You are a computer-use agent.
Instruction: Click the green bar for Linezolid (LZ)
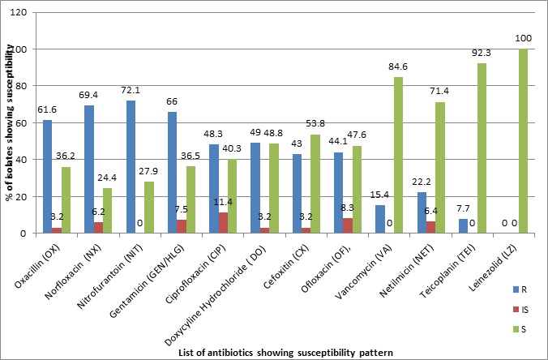point(524,141)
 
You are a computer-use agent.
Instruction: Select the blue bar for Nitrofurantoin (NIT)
point(131,167)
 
